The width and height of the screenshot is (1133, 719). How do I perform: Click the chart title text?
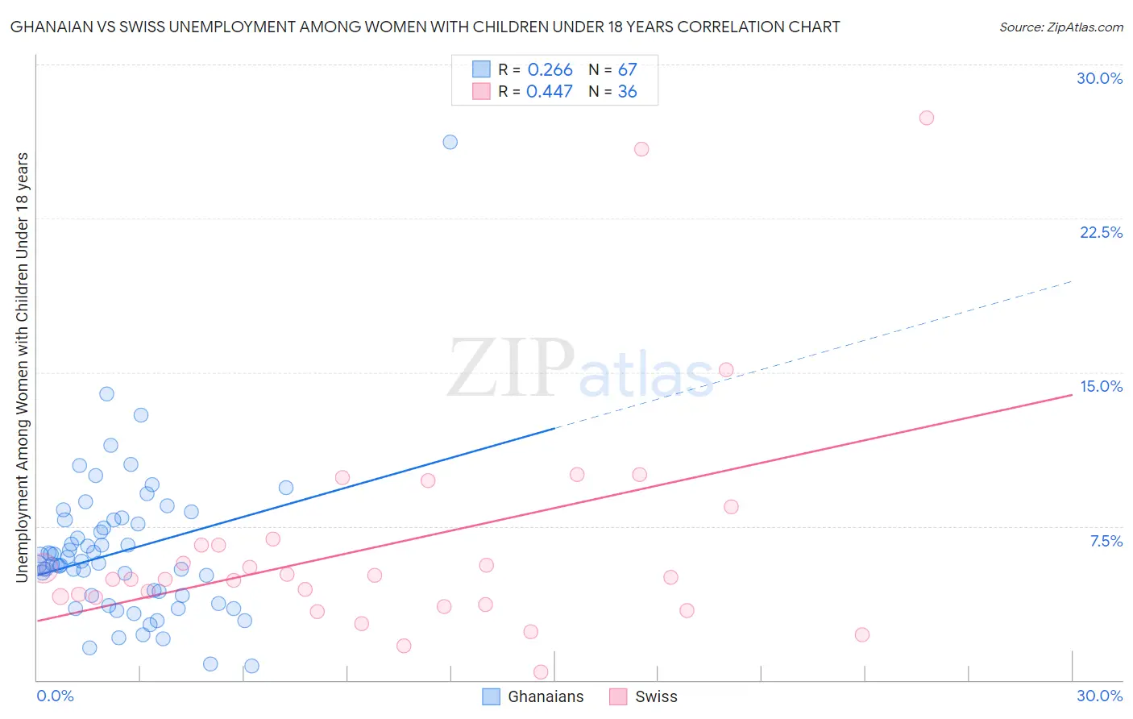click(425, 27)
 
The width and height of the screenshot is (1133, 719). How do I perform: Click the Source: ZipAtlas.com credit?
click(1060, 27)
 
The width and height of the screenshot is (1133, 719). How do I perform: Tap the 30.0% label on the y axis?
click(1099, 78)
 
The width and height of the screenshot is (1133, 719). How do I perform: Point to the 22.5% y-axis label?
click(1101, 232)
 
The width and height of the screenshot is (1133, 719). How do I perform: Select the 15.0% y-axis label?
click(1101, 386)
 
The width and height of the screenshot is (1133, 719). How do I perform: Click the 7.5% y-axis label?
click(1106, 541)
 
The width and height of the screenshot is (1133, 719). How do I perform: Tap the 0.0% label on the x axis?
click(55, 696)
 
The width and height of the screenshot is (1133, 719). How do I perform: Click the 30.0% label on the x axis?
click(1099, 696)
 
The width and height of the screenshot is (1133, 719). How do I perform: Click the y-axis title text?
click(23, 367)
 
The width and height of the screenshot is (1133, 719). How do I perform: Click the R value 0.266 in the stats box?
click(550, 70)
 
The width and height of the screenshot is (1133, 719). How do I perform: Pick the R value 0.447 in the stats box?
click(550, 92)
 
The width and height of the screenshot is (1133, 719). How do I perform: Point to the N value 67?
click(627, 70)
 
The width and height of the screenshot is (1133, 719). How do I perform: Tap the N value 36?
click(627, 92)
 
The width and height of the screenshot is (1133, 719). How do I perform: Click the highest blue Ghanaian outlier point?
click(450, 142)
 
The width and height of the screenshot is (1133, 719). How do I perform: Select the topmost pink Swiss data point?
click(927, 118)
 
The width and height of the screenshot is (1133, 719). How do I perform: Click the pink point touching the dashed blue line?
click(726, 370)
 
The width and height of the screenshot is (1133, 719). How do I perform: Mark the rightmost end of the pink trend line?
click(1072, 395)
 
